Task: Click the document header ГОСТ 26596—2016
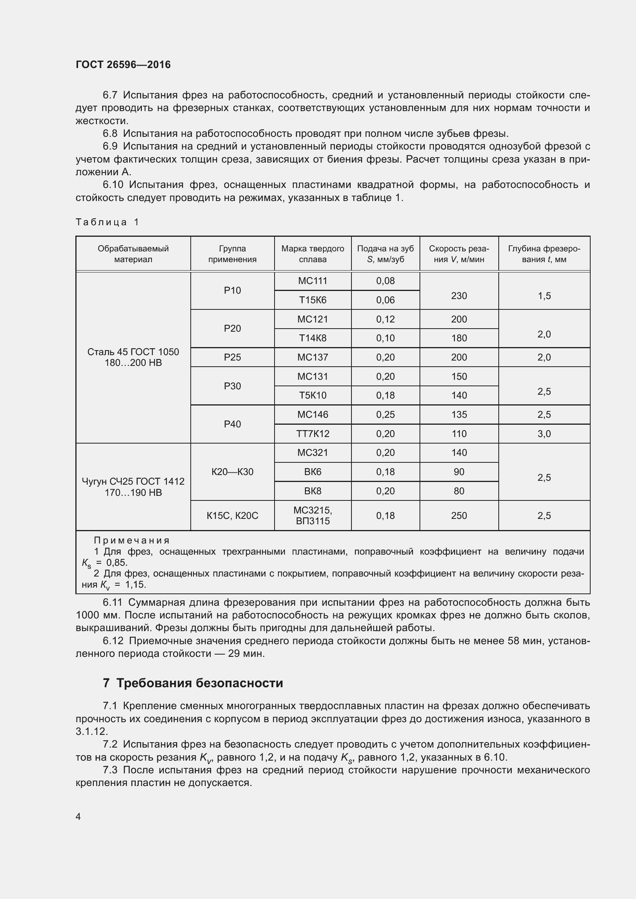click(123, 65)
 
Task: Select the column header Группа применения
click(232, 254)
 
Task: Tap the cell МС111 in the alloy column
click(312, 281)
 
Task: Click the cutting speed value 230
click(459, 296)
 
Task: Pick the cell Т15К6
click(312, 300)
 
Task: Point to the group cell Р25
click(232, 357)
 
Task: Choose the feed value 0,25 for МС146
click(385, 414)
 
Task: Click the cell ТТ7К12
click(312, 434)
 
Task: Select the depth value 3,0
click(544, 434)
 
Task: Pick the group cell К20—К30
click(232, 472)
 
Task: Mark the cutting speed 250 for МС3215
click(459, 515)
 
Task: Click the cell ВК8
click(312, 490)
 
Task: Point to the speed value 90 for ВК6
click(459, 472)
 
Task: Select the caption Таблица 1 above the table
click(107, 222)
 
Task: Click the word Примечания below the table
click(132, 540)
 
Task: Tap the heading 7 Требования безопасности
click(193, 683)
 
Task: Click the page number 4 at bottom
click(78, 816)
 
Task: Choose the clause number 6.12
click(113, 641)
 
